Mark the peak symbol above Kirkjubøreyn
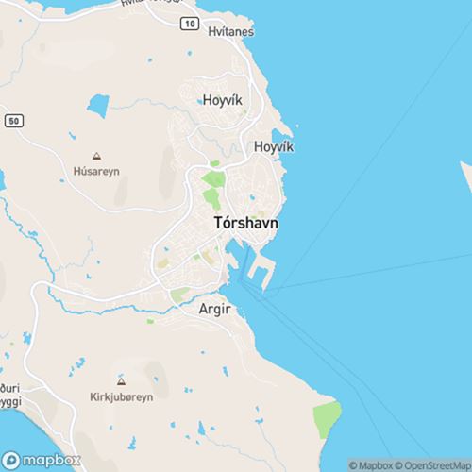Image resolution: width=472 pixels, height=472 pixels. pos(120,380)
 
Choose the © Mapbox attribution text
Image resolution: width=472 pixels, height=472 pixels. pos(370,464)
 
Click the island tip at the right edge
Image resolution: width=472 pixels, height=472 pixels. pos(466,179)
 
